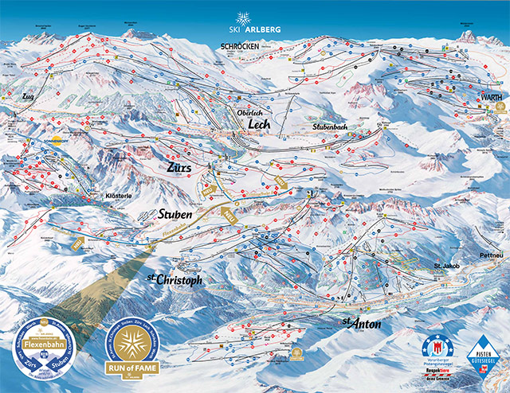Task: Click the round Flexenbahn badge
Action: click(x=51, y=348)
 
